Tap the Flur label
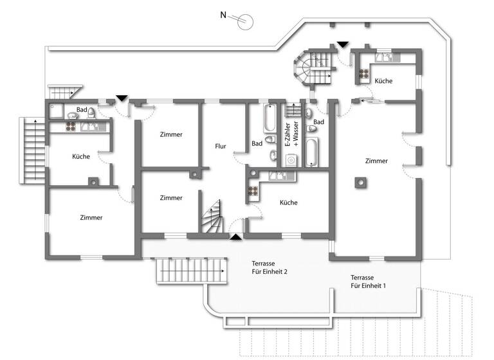pyautogui.click(x=221, y=147)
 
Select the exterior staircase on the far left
pyautogui.click(x=32, y=149)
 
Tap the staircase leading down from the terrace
pyautogui.click(x=192, y=270)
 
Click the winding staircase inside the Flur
pyautogui.click(x=211, y=216)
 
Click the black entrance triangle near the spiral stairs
pyautogui.click(x=343, y=44)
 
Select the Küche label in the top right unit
pyautogui.click(x=383, y=81)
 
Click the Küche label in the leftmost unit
pyautogui.click(x=81, y=156)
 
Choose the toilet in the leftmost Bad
pyautogui.click(x=92, y=113)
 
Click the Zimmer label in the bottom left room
pyautogui.click(x=91, y=218)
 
